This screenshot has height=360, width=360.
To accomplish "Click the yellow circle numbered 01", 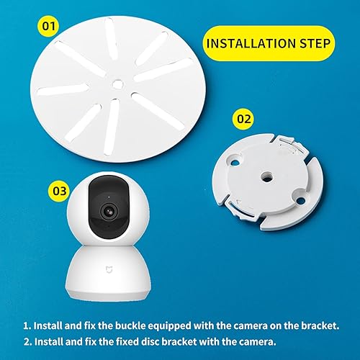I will (48, 27).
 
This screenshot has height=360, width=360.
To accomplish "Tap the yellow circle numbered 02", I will (244, 117).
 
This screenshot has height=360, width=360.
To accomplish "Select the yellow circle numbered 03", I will (58, 191).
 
